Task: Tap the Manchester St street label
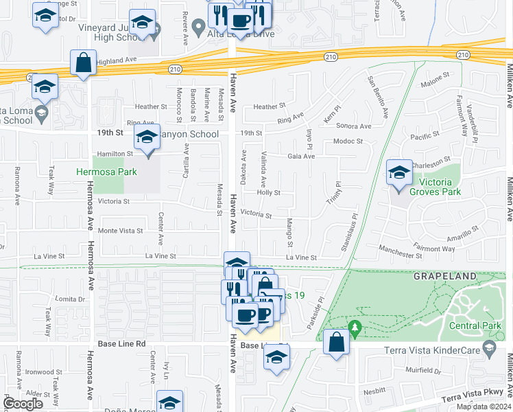[400, 255]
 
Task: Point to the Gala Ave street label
[301, 156]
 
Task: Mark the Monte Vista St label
[121, 231]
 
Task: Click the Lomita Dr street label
[71, 299]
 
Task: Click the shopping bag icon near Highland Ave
[83, 63]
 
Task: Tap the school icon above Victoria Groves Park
[398, 172]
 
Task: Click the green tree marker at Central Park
[355, 328]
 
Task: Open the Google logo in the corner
[23, 404]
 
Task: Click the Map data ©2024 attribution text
[483, 407]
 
